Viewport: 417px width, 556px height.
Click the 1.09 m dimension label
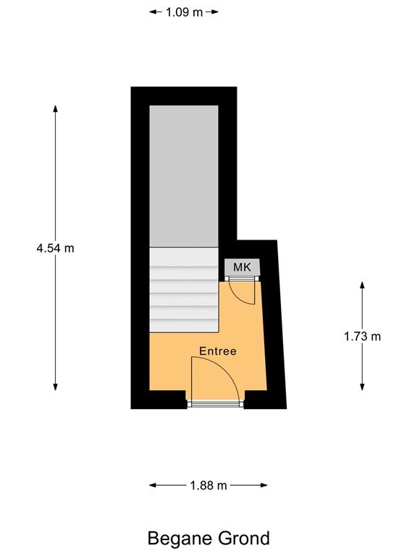point(184,12)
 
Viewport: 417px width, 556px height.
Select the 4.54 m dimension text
point(56,248)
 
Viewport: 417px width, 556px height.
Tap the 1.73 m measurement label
point(362,336)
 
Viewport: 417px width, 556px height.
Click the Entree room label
point(218,351)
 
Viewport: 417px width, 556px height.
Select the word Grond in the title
point(243,538)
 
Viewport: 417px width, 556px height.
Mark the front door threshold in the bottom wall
point(216,404)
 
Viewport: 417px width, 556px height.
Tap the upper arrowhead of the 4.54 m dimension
point(56,109)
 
